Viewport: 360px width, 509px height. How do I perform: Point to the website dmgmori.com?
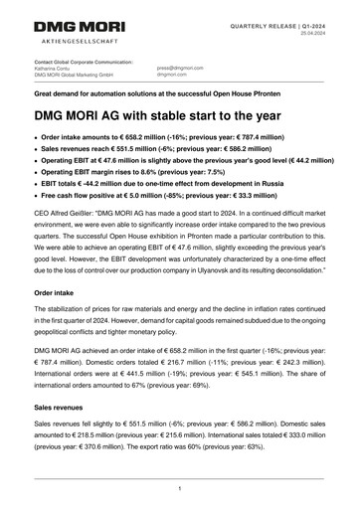172,75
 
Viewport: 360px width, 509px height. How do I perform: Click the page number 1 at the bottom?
179,489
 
